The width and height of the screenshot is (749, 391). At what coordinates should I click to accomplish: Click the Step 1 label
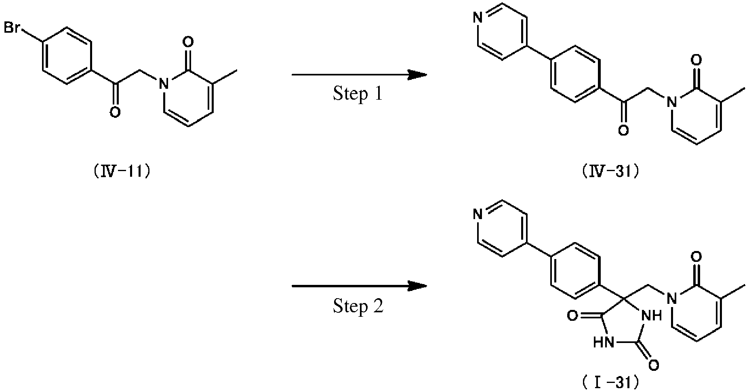coord(358,94)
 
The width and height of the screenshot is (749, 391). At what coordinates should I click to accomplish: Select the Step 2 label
coord(358,306)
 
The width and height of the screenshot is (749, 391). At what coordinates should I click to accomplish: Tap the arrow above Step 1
coord(359,75)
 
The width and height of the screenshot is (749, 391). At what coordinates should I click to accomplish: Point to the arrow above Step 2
coord(359,286)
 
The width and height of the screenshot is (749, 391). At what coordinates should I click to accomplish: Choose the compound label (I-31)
coord(610,383)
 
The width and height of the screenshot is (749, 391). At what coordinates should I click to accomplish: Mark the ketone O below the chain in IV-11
coord(115,112)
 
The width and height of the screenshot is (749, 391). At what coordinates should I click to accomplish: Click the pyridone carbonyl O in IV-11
coord(188,42)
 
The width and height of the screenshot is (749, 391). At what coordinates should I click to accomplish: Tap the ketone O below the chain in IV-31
coord(623,130)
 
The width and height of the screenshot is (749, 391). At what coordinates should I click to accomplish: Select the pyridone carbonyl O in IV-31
coord(696,61)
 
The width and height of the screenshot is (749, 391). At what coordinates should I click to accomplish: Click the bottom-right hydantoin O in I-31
coord(654,365)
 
